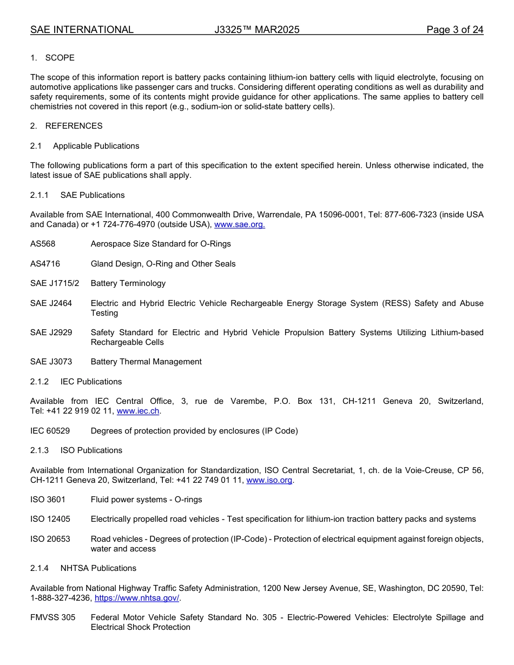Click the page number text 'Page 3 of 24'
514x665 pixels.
tap(454, 30)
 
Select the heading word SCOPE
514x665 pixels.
tap(60, 58)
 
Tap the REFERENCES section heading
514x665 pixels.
tap(74, 126)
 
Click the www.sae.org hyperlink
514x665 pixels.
tap(240, 225)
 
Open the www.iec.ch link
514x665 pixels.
tap(138, 411)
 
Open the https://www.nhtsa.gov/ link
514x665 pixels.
tap(137, 598)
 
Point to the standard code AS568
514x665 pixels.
tap(43, 244)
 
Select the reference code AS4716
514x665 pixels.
tap(45, 264)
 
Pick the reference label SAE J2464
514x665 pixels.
tap(51, 303)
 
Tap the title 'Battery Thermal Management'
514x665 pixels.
tap(146, 362)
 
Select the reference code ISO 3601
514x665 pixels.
tap(48, 500)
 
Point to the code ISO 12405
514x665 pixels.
tap(50, 519)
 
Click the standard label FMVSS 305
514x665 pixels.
tap(52, 617)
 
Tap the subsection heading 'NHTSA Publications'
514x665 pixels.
tap(98, 568)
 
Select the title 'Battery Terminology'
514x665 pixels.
tap(128, 283)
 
